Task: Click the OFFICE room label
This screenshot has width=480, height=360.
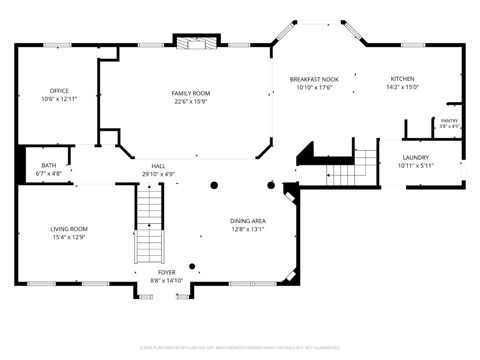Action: [x=59, y=91]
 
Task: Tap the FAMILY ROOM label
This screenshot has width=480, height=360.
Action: [x=191, y=93]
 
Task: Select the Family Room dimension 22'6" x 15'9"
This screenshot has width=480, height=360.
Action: [x=191, y=101]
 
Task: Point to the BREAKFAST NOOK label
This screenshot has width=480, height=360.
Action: [x=314, y=79]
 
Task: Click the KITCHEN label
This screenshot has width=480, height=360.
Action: [x=402, y=79]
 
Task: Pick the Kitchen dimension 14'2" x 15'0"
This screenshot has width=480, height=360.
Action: [x=402, y=87]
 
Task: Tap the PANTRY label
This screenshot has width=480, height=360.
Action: [x=449, y=121]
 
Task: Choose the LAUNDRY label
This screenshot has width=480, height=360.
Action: [x=416, y=157]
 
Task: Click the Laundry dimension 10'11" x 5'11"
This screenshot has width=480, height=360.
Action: [x=416, y=166]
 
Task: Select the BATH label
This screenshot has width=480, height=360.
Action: [x=49, y=165]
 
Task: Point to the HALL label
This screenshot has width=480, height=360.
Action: [x=158, y=166]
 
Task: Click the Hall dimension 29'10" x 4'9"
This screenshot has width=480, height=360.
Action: [x=158, y=174]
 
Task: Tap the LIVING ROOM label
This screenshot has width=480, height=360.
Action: [x=69, y=229]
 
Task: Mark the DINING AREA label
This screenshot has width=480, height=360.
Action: [x=248, y=221]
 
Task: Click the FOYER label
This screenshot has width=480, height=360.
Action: [x=167, y=272]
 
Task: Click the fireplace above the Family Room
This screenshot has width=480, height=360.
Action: [x=196, y=43]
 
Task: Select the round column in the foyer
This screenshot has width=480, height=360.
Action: [x=192, y=267]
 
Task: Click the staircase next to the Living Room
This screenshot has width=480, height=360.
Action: [x=149, y=224]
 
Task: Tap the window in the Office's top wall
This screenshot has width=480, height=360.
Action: [x=57, y=45]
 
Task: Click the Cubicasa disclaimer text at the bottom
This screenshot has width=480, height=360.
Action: [x=240, y=348]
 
